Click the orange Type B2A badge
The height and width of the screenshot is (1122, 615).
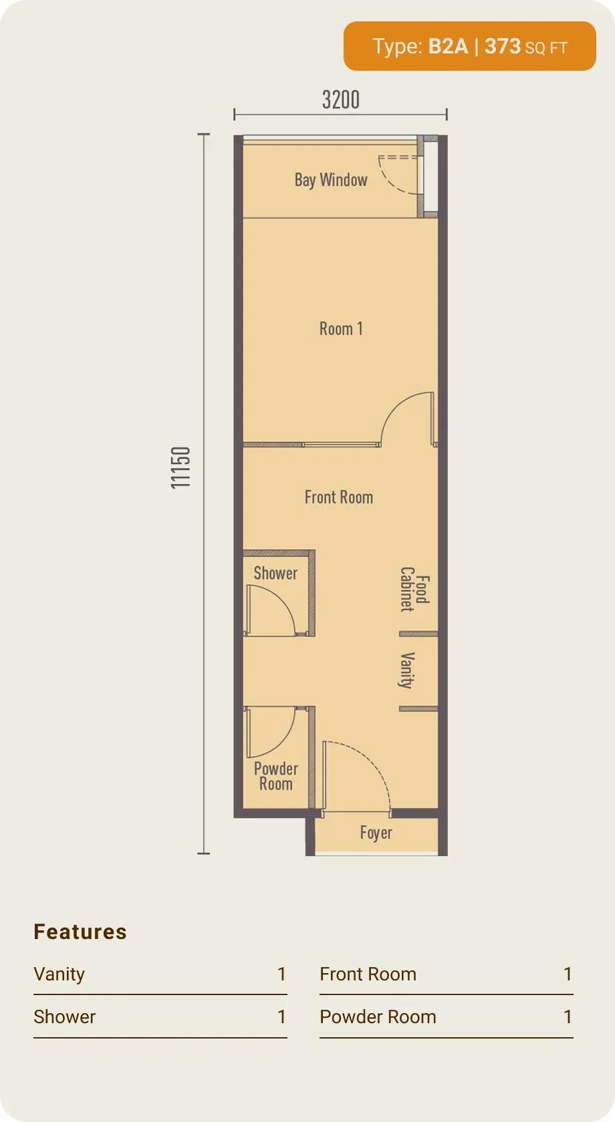[x=470, y=46]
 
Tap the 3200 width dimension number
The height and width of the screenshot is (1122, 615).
[x=340, y=100]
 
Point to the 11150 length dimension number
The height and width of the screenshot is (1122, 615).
[x=180, y=467]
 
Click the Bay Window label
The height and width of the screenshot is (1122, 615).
[x=331, y=179]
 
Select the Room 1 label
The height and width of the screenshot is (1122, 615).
[x=341, y=329]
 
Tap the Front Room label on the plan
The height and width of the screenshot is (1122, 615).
[x=339, y=497]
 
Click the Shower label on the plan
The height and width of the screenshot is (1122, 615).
[x=275, y=573]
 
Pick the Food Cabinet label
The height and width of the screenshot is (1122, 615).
[x=415, y=590]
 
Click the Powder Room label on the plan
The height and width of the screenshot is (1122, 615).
[x=275, y=776]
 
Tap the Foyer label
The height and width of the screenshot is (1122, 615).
[x=376, y=832]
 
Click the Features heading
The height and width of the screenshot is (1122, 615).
[x=80, y=932]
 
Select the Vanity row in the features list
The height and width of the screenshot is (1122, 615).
[x=160, y=974]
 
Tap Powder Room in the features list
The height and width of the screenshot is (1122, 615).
[x=378, y=1016]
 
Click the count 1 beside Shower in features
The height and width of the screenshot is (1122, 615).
[x=281, y=1016]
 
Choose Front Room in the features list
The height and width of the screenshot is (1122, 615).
[x=368, y=974]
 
